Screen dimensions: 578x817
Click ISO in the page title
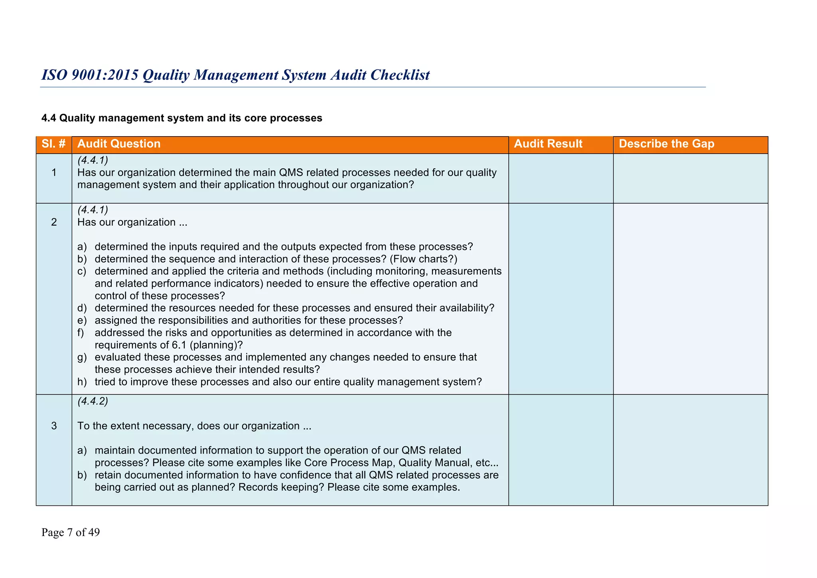click(54, 75)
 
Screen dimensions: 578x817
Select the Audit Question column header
click(119, 144)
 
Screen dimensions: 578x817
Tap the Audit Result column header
click(548, 144)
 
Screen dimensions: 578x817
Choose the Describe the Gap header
click(666, 144)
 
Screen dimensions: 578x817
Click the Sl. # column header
click(54, 144)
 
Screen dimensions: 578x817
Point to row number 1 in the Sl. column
click(54, 173)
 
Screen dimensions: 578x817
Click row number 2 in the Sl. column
click(54, 222)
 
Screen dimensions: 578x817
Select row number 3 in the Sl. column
click(54, 426)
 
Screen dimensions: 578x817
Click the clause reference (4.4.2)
click(93, 401)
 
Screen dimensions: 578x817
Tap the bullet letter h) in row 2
click(82, 382)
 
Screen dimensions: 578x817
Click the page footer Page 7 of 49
click(71, 532)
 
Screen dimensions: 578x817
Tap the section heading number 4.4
click(49, 118)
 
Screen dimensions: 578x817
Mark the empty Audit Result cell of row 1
click(560, 178)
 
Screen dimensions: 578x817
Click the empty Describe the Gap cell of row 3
click(690, 450)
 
